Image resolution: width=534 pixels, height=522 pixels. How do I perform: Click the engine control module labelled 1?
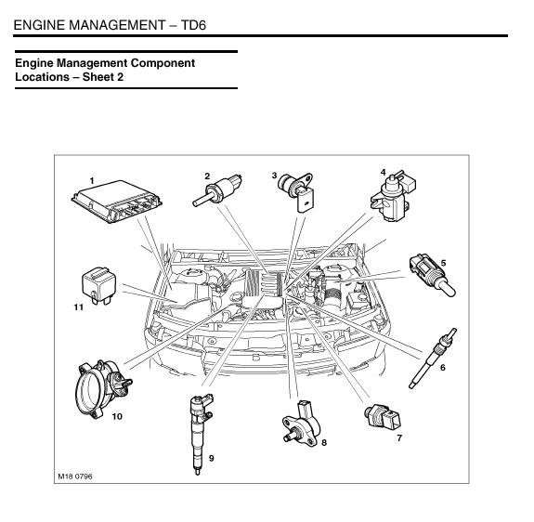click(x=116, y=202)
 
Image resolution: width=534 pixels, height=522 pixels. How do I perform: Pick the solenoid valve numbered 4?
click(x=394, y=196)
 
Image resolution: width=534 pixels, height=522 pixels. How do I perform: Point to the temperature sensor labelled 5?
click(x=432, y=275)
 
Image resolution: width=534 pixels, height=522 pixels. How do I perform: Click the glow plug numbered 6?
click(x=433, y=359)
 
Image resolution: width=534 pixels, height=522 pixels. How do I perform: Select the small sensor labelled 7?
click(x=383, y=416)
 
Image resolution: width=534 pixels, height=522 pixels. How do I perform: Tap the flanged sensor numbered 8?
click(x=301, y=424)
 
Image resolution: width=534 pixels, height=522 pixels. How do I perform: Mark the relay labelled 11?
click(x=98, y=285)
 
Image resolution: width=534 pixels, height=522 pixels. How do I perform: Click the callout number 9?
click(x=211, y=458)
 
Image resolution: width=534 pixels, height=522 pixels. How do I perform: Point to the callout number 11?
click(x=79, y=307)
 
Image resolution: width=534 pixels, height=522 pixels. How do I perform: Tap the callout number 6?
click(x=443, y=368)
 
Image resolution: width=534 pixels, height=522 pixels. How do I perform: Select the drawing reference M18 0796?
click(x=75, y=476)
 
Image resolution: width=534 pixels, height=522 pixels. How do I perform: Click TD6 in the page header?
click(x=193, y=25)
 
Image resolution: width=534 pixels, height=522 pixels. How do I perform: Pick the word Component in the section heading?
click(x=163, y=63)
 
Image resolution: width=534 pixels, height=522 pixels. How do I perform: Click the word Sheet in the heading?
click(x=98, y=77)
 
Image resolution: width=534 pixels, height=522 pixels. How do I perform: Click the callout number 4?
click(x=384, y=173)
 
